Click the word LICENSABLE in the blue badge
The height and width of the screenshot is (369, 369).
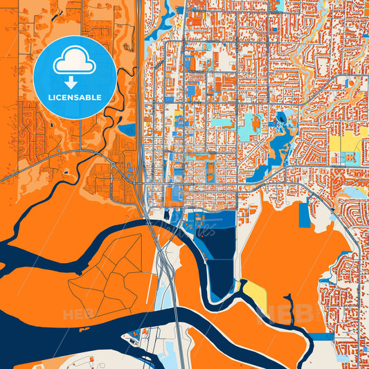tap(75, 98)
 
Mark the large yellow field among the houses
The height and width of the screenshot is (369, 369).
tap(344, 146)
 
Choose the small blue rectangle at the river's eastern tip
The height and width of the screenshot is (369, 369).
tap(321, 336)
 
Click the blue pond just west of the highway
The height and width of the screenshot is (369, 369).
tap(127, 129)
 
